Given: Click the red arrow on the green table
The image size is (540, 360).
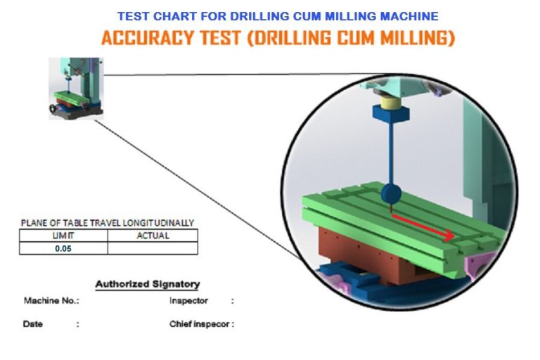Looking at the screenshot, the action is tap(423, 227).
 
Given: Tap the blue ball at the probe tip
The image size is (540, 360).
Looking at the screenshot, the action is tap(391, 194).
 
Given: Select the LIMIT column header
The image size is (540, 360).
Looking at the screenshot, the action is tap(63, 236).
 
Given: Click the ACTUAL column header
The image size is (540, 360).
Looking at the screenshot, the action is tap(153, 236).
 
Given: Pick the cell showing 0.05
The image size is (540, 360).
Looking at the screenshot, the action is tap(63, 248).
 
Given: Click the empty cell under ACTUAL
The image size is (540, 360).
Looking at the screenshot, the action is tap(153, 248).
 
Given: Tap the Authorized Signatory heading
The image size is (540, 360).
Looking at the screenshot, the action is tap(148, 284).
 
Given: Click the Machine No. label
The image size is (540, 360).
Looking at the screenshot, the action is tap(51, 301).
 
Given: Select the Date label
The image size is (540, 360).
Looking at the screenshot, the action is tap(33, 324).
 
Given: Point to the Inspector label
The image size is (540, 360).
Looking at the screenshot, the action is tap(188, 301).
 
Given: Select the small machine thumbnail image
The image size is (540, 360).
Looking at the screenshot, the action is tap(76, 89).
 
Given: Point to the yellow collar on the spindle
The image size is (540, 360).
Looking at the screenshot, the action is tap(390, 103).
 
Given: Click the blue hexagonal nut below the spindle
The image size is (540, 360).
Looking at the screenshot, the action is tap(391, 114).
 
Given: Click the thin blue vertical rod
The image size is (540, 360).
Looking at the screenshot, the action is tap(391, 153).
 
